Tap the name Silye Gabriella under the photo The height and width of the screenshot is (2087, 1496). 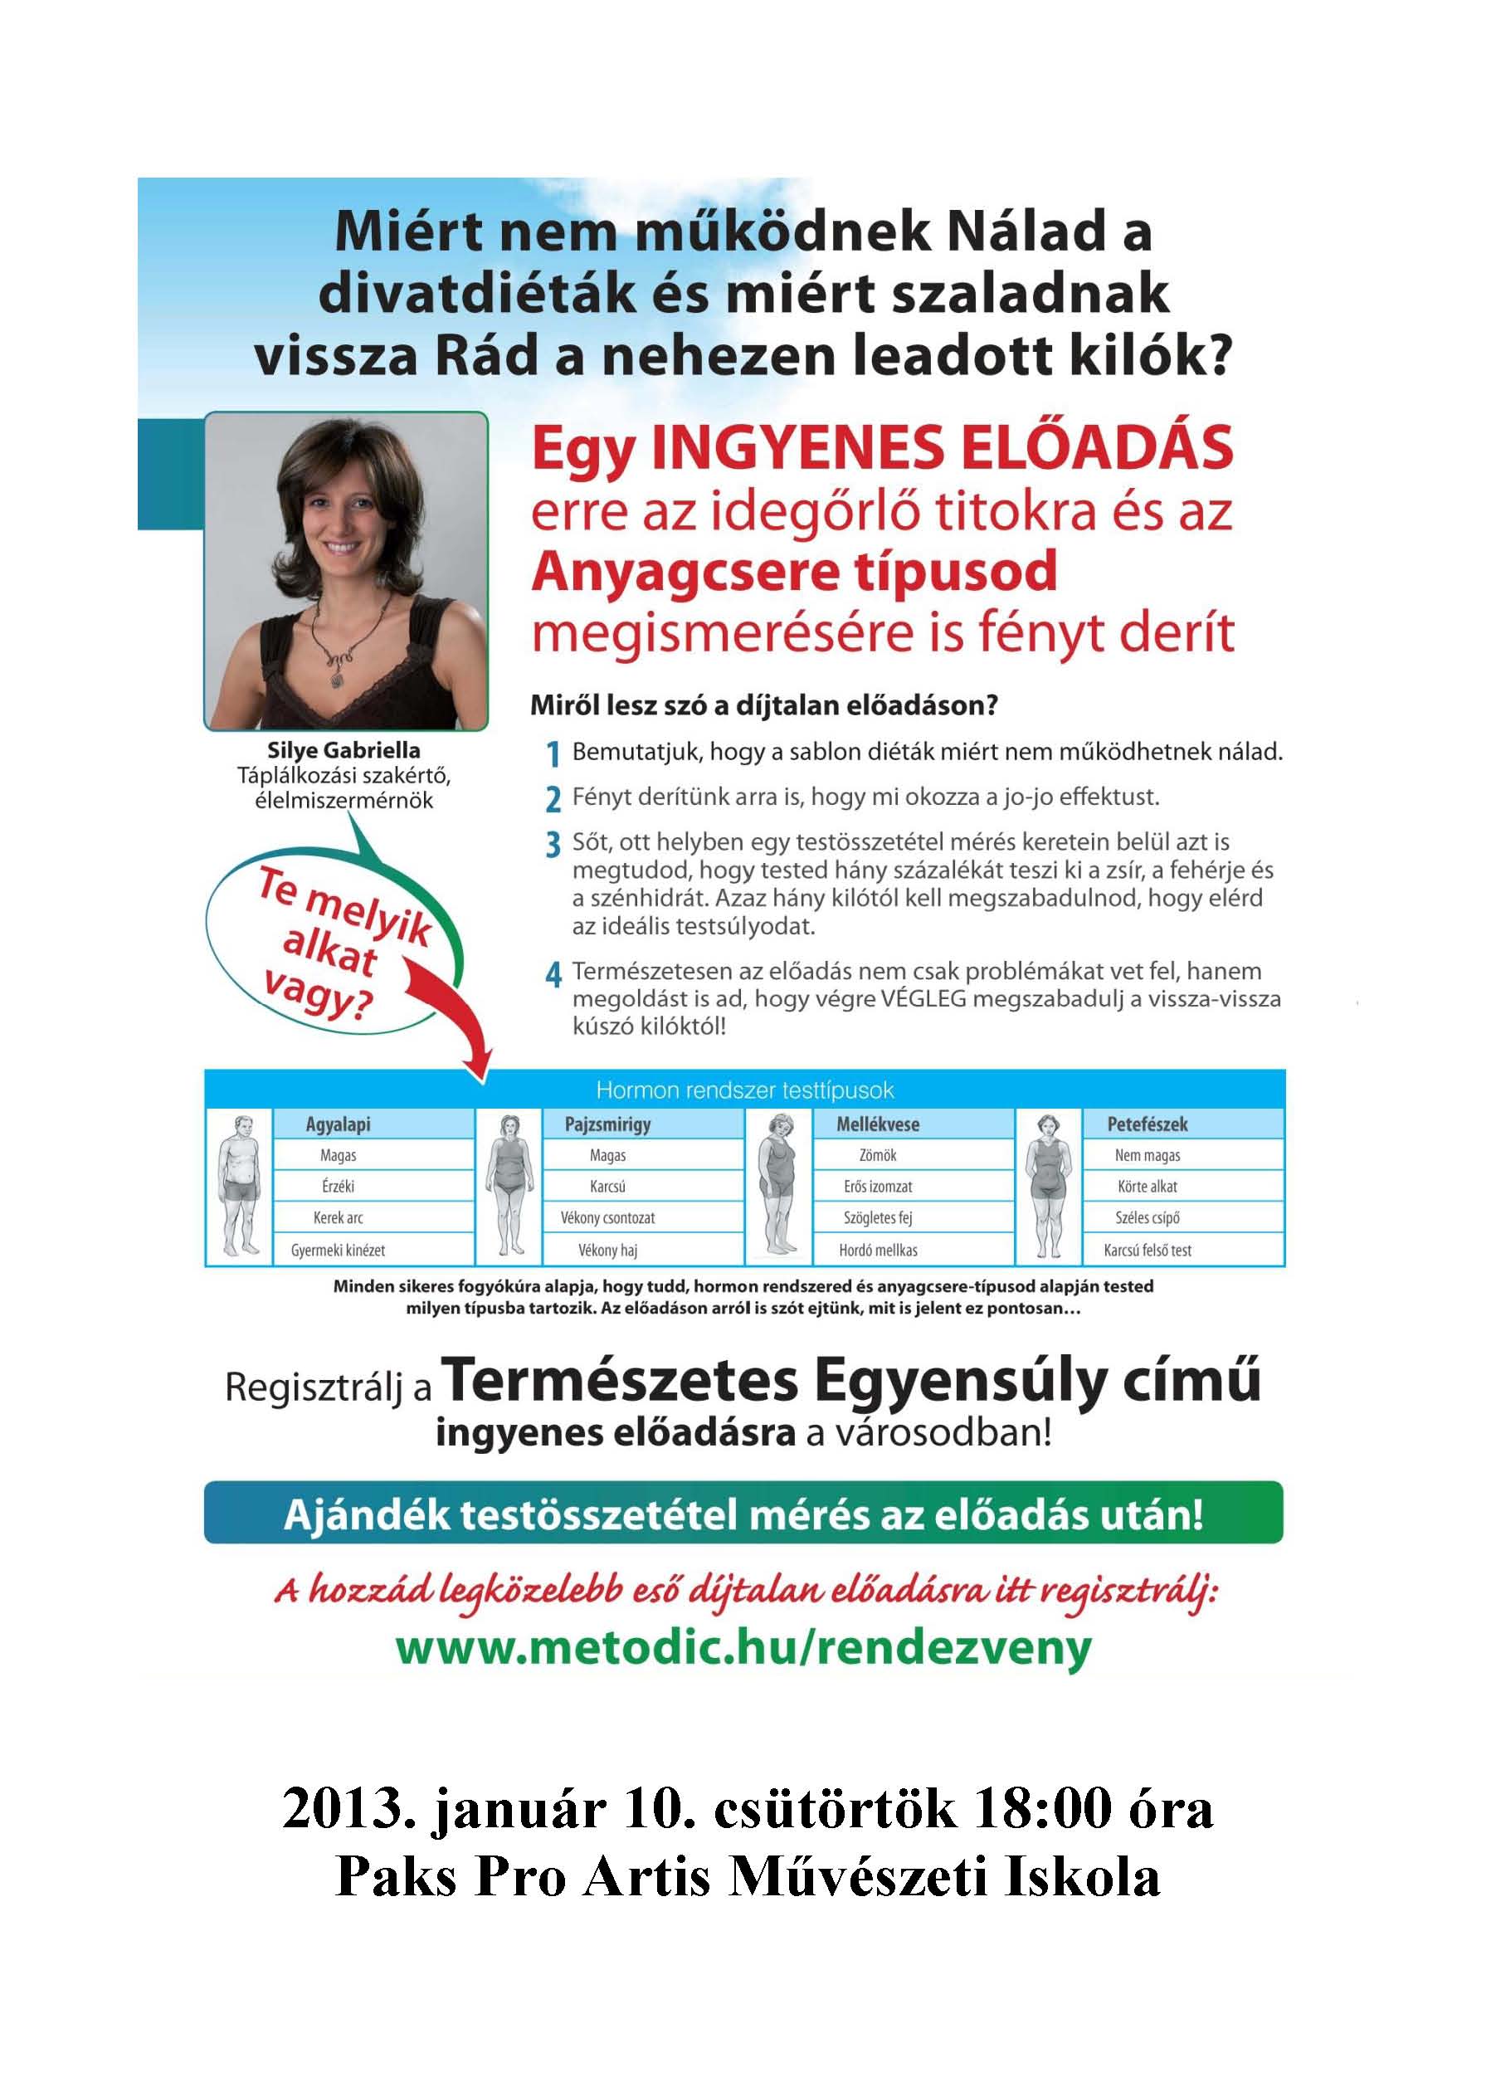[344, 751]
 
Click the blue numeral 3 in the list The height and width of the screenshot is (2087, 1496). [553, 845]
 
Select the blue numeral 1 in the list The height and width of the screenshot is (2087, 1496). [553, 755]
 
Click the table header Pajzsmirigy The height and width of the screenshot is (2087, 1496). [607, 1124]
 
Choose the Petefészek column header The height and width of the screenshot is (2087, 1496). [1147, 1124]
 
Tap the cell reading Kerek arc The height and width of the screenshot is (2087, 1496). [338, 1217]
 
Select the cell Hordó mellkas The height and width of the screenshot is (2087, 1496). [878, 1250]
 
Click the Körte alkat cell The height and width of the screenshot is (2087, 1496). [1147, 1186]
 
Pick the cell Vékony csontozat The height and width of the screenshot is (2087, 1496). [607, 1217]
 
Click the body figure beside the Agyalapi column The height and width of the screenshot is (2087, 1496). [239, 1187]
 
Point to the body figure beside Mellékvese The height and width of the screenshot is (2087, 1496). [778, 1187]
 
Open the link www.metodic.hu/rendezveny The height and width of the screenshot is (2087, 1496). [743, 1646]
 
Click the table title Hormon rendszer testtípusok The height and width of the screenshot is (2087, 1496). [744, 1090]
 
